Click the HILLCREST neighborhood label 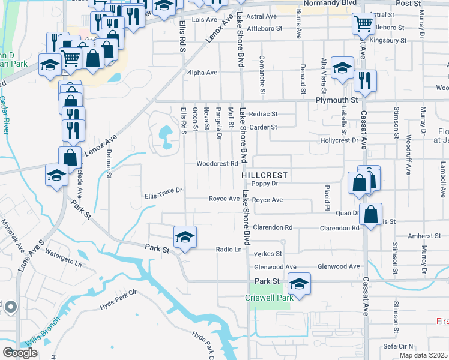click(x=265, y=175)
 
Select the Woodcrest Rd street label click(x=214, y=164)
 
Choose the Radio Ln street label click(x=228, y=250)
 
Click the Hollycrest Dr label click(x=339, y=140)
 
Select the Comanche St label click(x=262, y=76)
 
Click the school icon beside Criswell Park click(x=299, y=283)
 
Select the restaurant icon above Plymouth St click(x=365, y=80)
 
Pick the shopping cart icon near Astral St click(x=363, y=25)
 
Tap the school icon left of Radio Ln click(x=185, y=237)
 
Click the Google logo click(x=20, y=353)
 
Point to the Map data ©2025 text click(x=423, y=355)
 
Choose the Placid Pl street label click(x=328, y=194)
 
